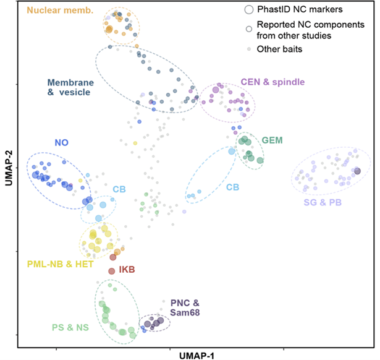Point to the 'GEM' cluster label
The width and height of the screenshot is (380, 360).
click(x=272, y=140)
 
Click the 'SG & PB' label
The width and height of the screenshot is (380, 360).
click(x=330, y=202)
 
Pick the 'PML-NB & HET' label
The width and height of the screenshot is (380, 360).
click(x=59, y=265)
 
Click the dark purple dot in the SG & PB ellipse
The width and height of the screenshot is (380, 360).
click(x=357, y=171)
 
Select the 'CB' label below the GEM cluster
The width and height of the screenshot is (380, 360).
click(x=233, y=186)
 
